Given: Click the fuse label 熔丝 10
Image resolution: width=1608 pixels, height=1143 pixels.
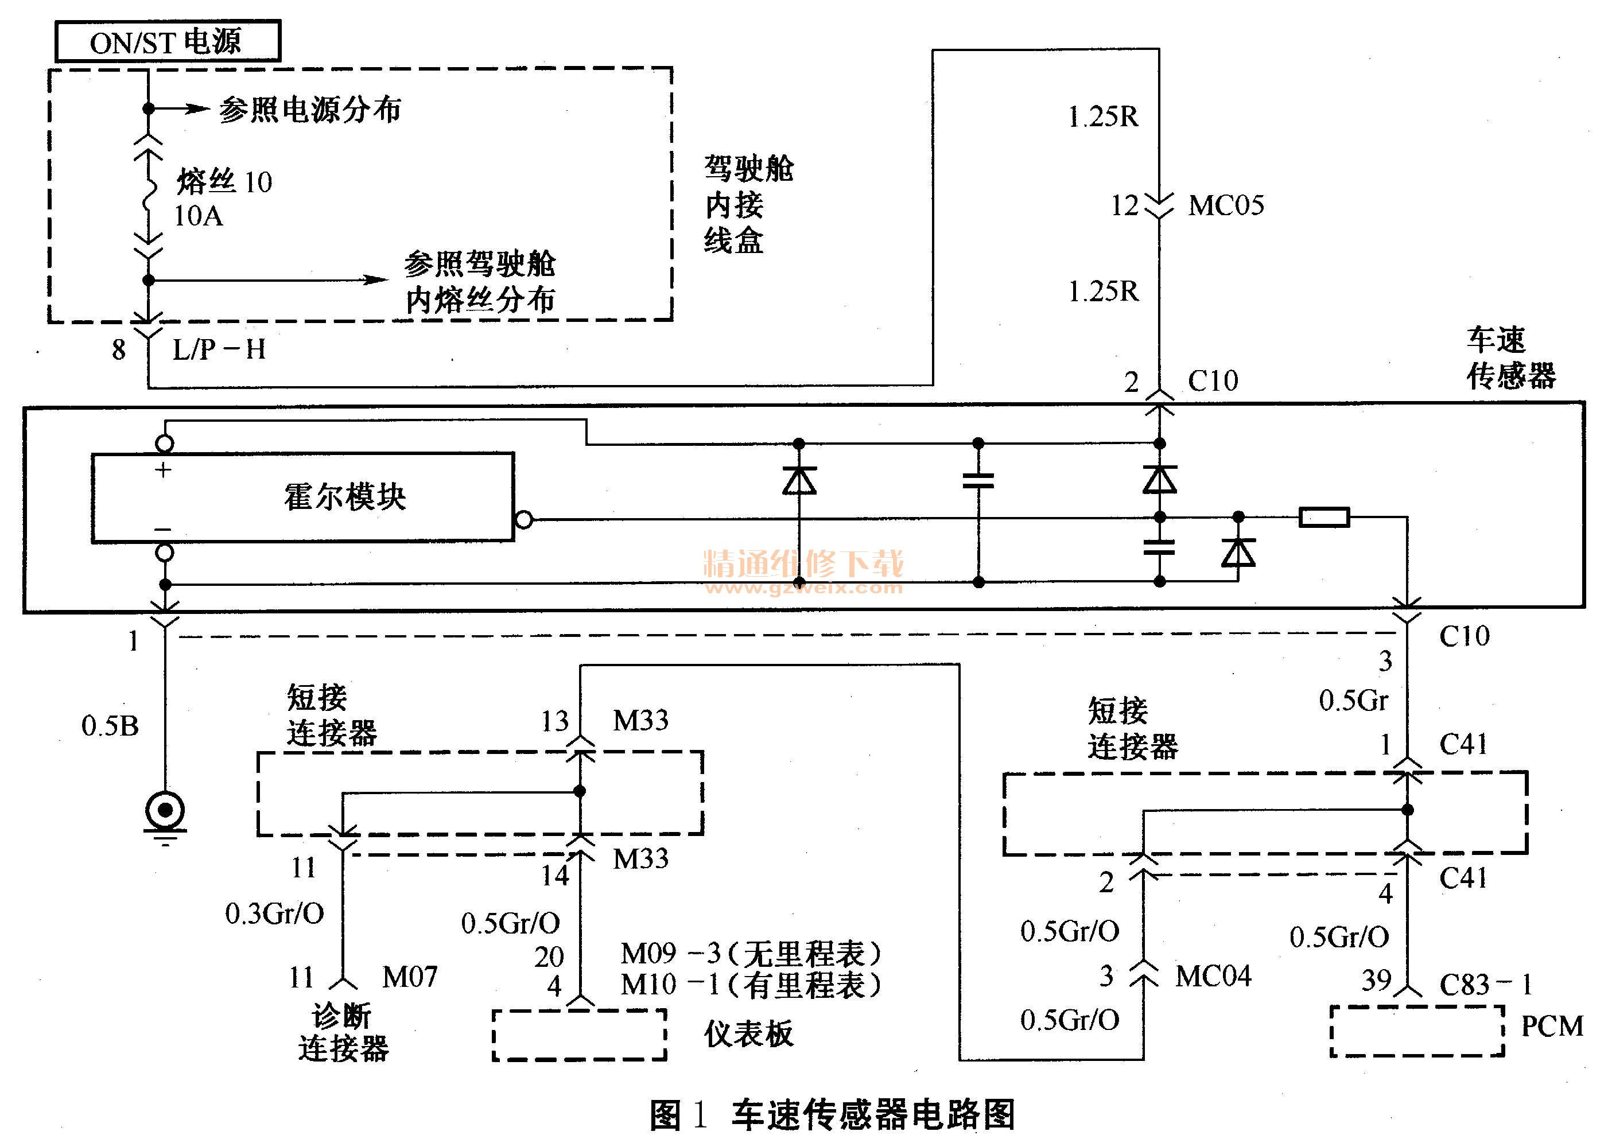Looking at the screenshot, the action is [x=224, y=181].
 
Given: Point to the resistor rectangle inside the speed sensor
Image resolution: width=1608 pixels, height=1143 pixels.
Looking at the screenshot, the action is [x=1324, y=518].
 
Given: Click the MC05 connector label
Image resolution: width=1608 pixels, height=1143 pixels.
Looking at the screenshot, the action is [x=1226, y=205].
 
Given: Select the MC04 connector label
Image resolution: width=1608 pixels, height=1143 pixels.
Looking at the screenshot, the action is [x=1213, y=975].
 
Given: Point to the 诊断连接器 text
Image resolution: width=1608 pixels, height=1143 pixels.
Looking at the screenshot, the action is [x=343, y=1032].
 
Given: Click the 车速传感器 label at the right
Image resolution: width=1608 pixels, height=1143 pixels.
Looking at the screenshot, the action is [x=1511, y=358].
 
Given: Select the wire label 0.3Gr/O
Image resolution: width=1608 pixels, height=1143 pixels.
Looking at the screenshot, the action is [x=274, y=913].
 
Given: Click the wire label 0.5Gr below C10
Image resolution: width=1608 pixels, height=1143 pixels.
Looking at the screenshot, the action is [x=1353, y=700].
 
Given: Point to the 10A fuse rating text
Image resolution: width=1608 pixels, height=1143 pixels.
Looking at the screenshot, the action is [x=199, y=216].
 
